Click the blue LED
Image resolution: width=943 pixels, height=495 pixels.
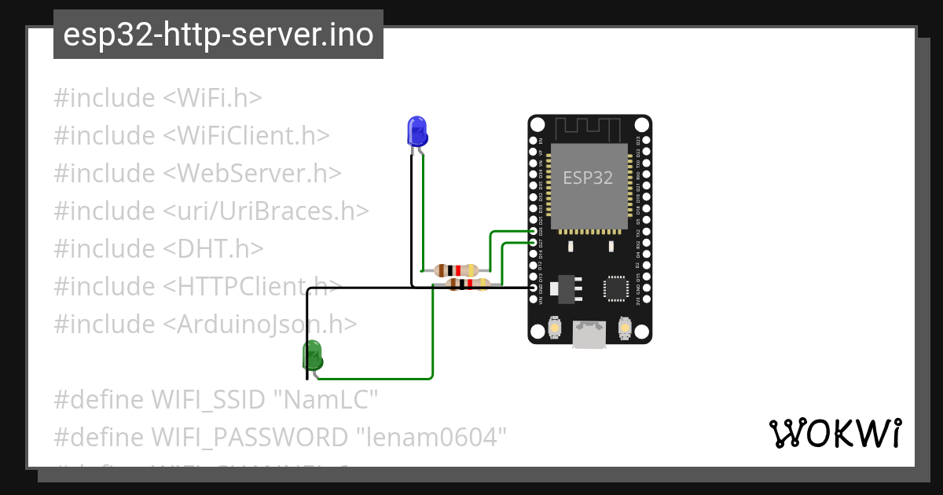pyautogui.click(x=416, y=130)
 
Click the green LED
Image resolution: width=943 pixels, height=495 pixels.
pyautogui.click(x=313, y=355)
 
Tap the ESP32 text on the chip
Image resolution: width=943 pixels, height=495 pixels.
pyautogui.click(x=588, y=178)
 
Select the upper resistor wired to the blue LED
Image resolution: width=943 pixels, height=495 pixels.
pyautogui.click(x=457, y=269)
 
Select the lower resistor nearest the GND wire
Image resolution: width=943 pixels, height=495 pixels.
pyautogui.click(x=468, y=284)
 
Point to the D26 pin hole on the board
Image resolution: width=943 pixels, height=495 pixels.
pyautogui.click(x=534, y=232)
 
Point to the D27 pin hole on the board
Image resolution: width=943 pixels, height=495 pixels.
pyautogui.click(x=534, y=243)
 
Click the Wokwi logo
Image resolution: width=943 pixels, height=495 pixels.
pyautogui.click(x=835, y=433)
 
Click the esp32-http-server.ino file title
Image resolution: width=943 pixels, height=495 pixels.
pyautogui.click(x=218, y=35)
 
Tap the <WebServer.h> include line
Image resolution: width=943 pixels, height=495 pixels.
pyautogui.click(x=197, y=173)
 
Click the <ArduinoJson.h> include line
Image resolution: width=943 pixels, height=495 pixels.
pyautogui.click(x=205, y=324)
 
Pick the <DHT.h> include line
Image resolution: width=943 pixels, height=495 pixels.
pyautogui.click(x=158, y=248)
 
